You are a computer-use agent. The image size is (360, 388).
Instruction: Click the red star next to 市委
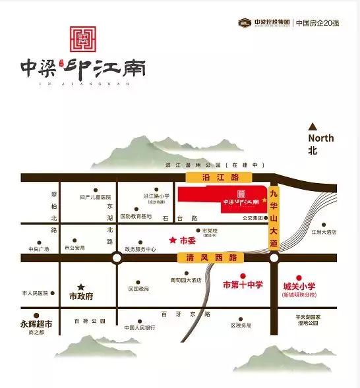[173, 240]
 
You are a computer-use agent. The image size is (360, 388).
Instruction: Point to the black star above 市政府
[81, 287]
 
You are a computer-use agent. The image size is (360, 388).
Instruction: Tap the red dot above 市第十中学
[242, 275]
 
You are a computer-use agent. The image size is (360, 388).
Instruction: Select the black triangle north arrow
[313, 126]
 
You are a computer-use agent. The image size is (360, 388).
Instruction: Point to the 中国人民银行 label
[140, 327]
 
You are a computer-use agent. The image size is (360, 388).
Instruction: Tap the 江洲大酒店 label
[326, 233]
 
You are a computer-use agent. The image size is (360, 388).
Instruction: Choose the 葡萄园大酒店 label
[185, 280]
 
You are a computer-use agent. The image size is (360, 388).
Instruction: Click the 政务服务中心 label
[140, 249]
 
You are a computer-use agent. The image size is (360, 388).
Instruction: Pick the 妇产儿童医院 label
[96, 196]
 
